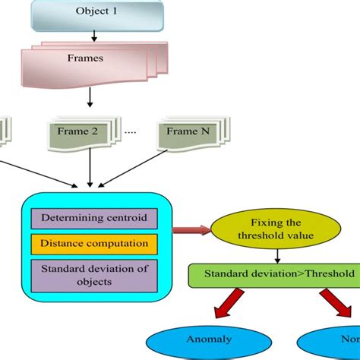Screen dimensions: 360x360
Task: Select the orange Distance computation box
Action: tap(94, 244)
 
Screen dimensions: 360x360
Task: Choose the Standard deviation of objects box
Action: tap(94, 273)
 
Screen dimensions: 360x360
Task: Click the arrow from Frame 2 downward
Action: tap(90, 168)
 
